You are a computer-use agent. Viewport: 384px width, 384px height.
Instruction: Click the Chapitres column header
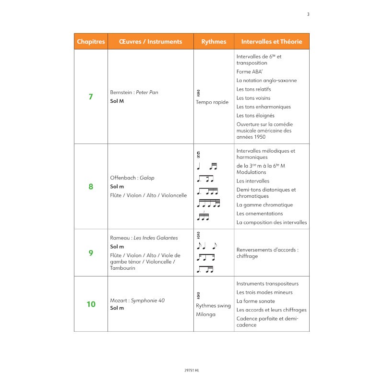click(91, 42)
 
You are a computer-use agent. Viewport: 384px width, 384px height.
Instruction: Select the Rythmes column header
click(214, 42)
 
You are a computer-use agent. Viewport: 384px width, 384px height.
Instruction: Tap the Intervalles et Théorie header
click(272, 42)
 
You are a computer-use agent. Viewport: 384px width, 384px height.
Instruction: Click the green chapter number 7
click(91, 96)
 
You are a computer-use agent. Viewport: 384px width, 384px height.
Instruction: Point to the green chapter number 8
click(91, 186)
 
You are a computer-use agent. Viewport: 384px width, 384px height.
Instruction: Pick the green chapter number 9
click(91, 252)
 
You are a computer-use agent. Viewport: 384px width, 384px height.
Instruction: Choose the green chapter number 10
click(91, 304)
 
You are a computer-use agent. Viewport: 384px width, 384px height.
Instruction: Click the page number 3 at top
click(308, 14)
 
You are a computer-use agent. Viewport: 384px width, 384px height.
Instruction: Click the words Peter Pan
click(147, 92)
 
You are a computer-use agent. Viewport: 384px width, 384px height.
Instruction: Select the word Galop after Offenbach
click(147, 178)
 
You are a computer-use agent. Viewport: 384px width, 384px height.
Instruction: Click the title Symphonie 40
click(148, 300)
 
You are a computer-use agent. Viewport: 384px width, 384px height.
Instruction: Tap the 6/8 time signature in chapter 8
click(198, 155)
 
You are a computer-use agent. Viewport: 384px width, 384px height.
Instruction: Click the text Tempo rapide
click(212, 102)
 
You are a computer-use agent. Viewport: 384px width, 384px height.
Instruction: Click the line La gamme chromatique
click(264, 205)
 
